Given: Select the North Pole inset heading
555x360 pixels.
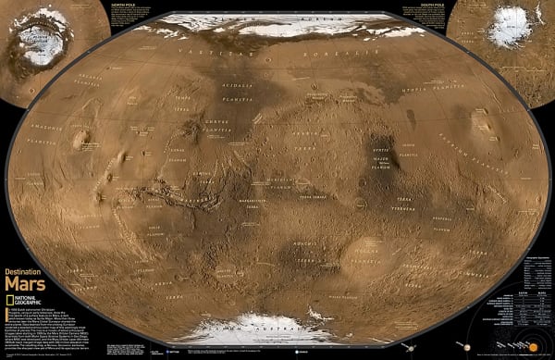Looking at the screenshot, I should point(122,5).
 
